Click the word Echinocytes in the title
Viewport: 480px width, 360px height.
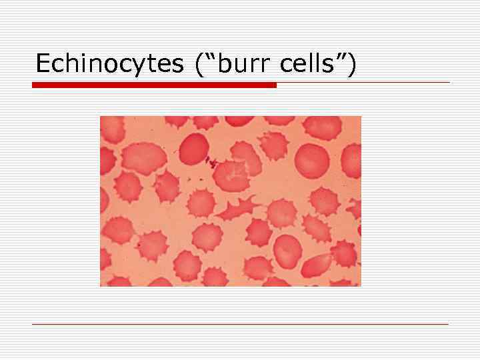109,64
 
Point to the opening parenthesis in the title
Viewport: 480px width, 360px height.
199,64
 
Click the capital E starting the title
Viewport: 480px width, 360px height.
43,64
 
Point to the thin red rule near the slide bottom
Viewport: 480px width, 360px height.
240,324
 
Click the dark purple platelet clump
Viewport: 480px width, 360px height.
212,162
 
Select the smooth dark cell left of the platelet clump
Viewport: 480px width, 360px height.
194,148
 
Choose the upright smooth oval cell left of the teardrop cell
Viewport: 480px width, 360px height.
287,250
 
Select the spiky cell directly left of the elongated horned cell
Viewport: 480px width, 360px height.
201,202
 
